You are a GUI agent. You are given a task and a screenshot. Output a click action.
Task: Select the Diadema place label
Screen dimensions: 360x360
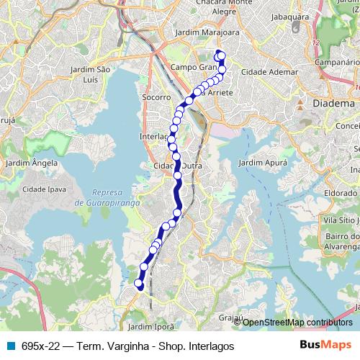click(x=335, y=104)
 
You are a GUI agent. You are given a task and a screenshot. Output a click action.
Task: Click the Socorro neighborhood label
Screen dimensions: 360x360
click(x=156, y=96)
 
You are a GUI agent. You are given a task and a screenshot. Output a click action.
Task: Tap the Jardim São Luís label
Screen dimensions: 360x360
click(x=91, y=73)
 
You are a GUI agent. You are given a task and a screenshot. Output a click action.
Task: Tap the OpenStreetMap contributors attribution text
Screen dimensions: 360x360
click(x=297, y=322)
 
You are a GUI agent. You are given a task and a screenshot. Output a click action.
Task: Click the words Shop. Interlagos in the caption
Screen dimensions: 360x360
click(x=190, y=346)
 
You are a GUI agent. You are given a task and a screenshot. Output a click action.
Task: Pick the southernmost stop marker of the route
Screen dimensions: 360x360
click(x=140, y=287)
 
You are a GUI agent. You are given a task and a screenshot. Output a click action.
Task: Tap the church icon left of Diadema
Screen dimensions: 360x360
click(x=301, y=104)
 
